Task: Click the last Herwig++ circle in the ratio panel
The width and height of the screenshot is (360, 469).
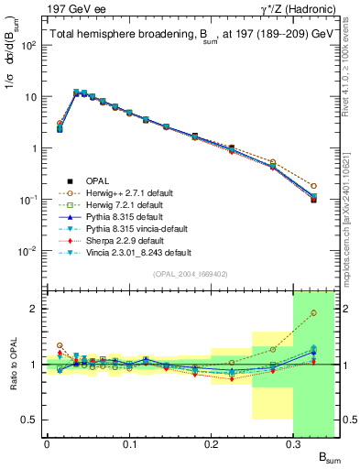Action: point(313,313)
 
